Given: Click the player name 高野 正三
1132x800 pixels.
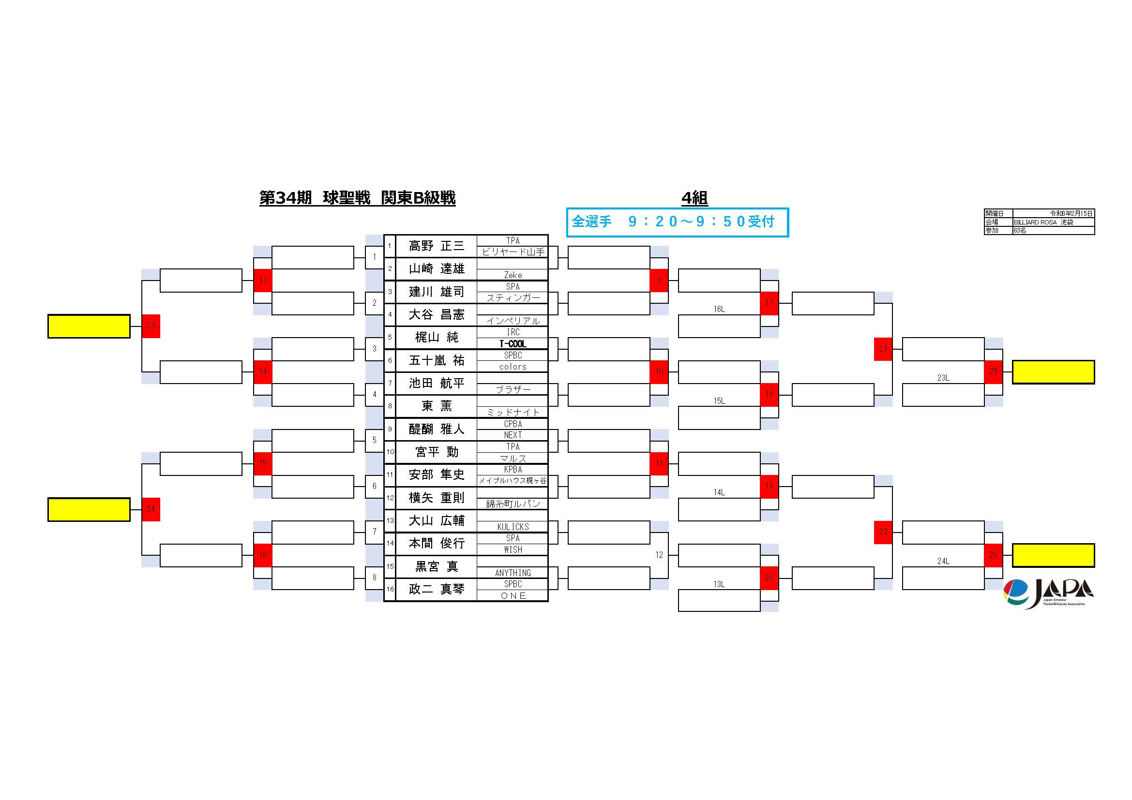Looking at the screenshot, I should click(437, 246).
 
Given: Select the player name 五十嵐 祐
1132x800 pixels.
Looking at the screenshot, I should click(437, 361).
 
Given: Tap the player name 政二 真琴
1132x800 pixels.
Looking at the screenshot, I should click(437, 589).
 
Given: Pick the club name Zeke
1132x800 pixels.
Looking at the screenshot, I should click(513, 275).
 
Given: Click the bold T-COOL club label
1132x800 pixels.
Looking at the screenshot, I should click(513, 344).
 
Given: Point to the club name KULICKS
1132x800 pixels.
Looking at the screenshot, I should click(513, 527).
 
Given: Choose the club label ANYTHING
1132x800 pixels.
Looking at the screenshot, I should click(513, 572).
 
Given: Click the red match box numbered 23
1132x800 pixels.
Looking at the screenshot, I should click(151, 326).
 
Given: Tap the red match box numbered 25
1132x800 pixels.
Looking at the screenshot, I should click(993, 371).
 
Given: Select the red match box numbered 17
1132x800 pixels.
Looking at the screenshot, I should click(769, 303).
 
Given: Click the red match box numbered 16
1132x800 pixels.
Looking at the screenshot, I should click(263, 555).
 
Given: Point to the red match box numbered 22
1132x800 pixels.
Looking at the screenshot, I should click(883, 532).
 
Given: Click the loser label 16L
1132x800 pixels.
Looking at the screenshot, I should click(719, 309).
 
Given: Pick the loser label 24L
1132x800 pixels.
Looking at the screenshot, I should click(943, 561).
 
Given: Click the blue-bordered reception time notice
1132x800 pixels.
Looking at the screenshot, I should click(677, 222).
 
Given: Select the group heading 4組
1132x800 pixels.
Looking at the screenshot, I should click(694, 198).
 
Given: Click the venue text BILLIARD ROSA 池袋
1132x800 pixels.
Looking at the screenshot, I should click(1043, 222).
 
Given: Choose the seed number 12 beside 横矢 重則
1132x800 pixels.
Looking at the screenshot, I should click(390, 498).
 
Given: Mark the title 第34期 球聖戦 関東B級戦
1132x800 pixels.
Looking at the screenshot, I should click(358, 198).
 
